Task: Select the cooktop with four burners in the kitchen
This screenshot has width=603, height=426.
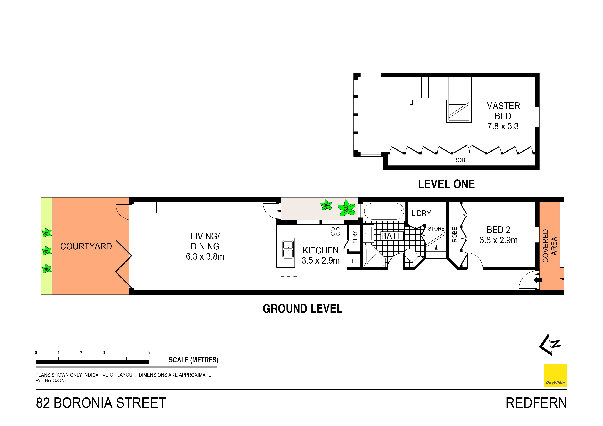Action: pos(335,231)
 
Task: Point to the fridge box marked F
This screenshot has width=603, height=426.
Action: pos(354,261)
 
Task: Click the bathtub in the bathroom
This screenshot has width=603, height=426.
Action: pos(384,211)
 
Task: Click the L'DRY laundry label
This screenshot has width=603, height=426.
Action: pos(421,213)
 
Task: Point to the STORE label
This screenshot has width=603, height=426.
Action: pos(436,229)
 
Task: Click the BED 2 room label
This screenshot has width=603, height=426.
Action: pos(498,230)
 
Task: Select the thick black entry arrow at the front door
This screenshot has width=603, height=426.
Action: pos(538,280)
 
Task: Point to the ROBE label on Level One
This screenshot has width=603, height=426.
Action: pos(461,160)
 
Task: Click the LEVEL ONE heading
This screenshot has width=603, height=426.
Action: pos(446,184)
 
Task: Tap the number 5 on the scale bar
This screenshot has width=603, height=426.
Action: pos(149,352)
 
